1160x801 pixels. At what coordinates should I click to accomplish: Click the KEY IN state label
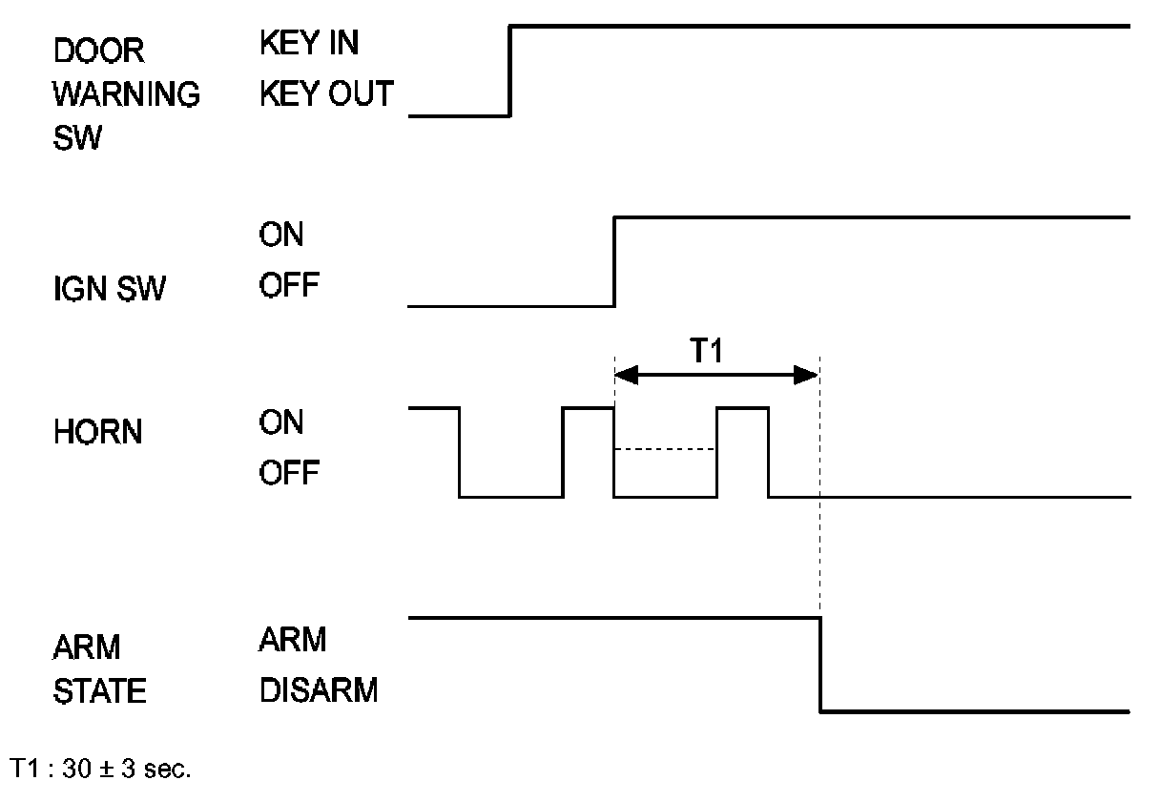tap(309, 44)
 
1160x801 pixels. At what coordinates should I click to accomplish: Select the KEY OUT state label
tap(325, 93)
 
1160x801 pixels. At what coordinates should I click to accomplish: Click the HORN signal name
tap(97, 433)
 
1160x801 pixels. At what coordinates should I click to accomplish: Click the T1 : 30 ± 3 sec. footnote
tap(100, 770)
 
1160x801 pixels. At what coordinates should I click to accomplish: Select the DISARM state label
tap(318, 689)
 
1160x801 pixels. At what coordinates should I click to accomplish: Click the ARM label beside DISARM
tap(292, 640)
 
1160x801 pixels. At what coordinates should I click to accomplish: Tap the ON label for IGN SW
tap(280, 235)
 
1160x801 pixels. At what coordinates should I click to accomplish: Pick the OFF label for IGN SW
tap(290, 285)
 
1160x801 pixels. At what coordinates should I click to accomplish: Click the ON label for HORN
tap(280, 421)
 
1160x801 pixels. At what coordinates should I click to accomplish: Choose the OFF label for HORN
tap(290, 472)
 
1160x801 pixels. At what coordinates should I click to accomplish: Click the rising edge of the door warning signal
tap(510, 71)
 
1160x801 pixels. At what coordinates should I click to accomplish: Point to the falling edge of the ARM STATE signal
tap(820, 664)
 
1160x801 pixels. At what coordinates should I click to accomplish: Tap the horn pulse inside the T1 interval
tap(742, 409)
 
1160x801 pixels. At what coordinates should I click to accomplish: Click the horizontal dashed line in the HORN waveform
tap(665, 449)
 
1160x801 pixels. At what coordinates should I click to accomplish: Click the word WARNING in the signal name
tap(126, 95)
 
